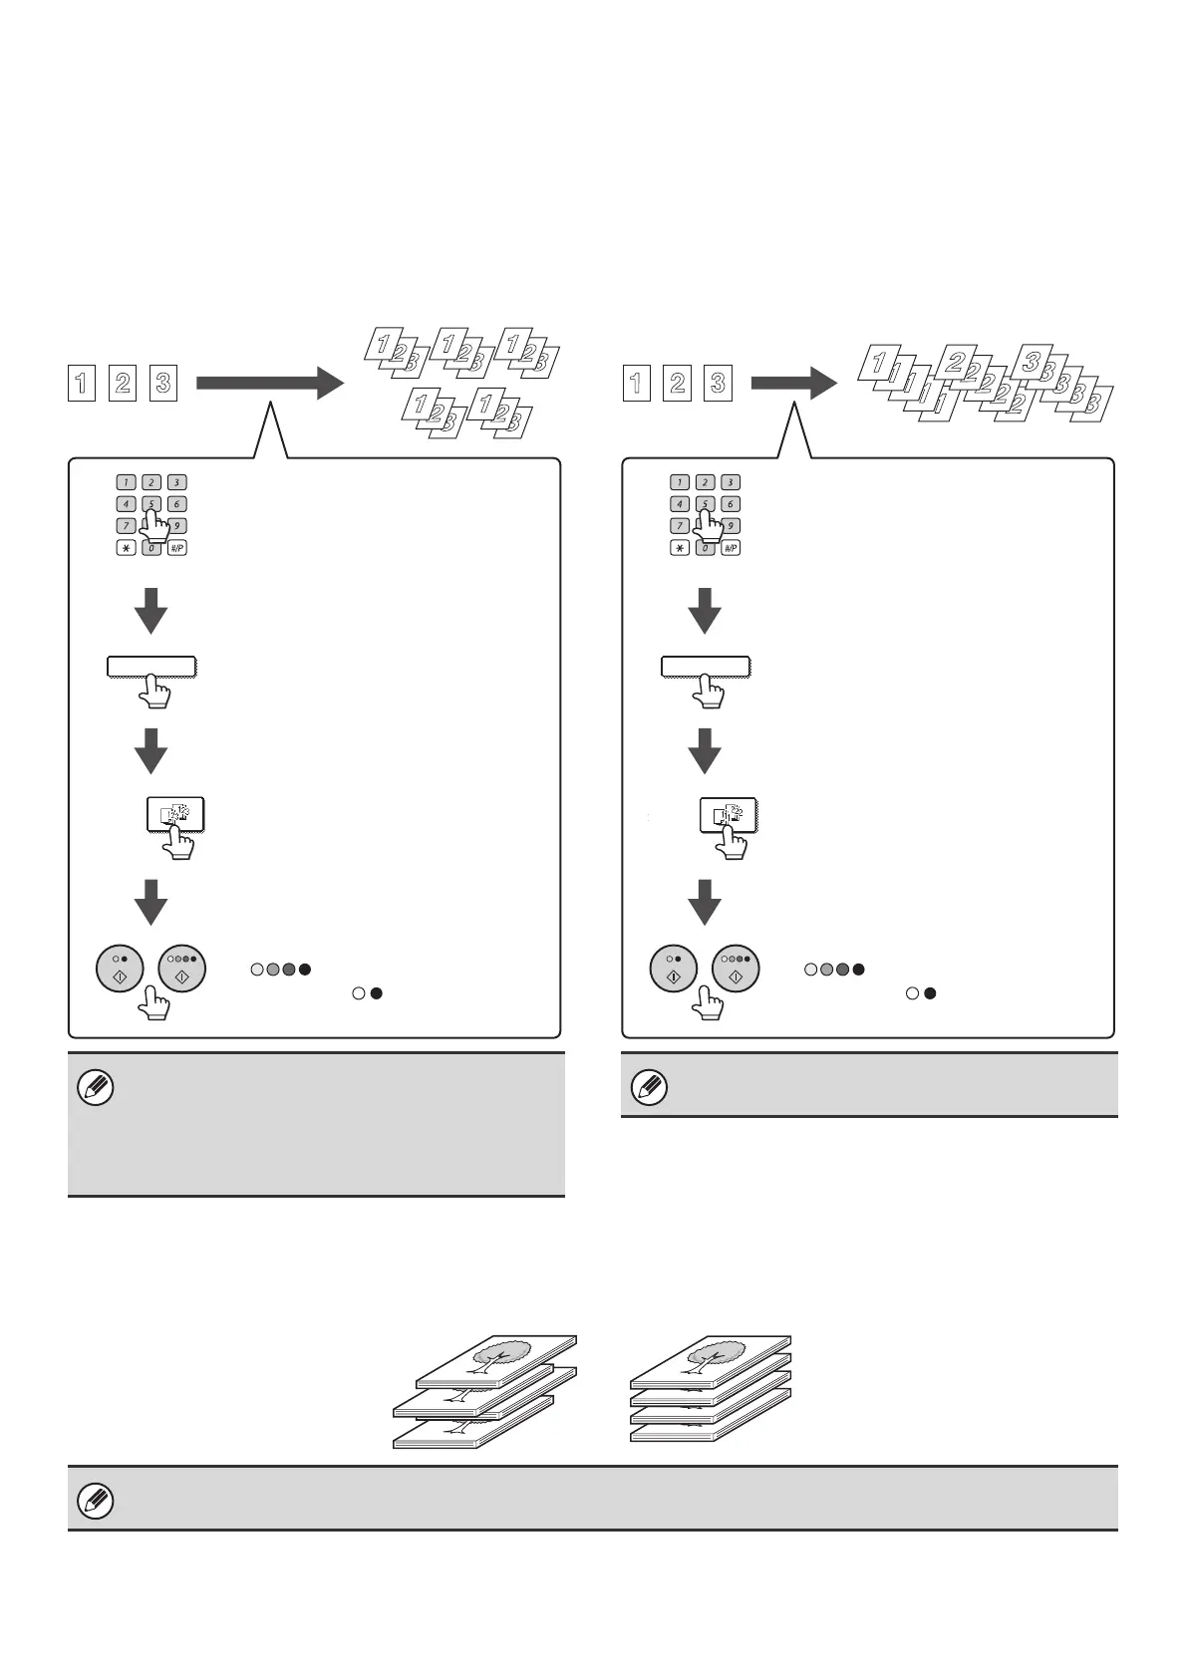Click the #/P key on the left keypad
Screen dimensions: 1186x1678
coord(176,548)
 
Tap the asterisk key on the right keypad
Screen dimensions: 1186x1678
coord(680,548)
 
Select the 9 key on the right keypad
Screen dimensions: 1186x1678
coord(731,526)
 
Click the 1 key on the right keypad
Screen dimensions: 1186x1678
coord(680,482)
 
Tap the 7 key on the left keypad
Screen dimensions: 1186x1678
coord(126,526)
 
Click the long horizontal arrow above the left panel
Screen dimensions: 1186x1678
coord(269,384)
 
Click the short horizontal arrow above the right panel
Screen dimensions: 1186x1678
coord(793,384)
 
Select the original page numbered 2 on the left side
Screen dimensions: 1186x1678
coord(123,384)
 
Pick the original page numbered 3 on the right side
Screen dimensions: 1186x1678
coord(718,384)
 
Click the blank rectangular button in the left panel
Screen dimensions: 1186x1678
coord(151,667)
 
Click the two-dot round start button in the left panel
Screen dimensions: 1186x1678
coord(120,968)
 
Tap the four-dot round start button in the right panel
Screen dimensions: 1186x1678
coord(737,968)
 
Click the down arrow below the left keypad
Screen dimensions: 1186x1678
coord(150,610)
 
